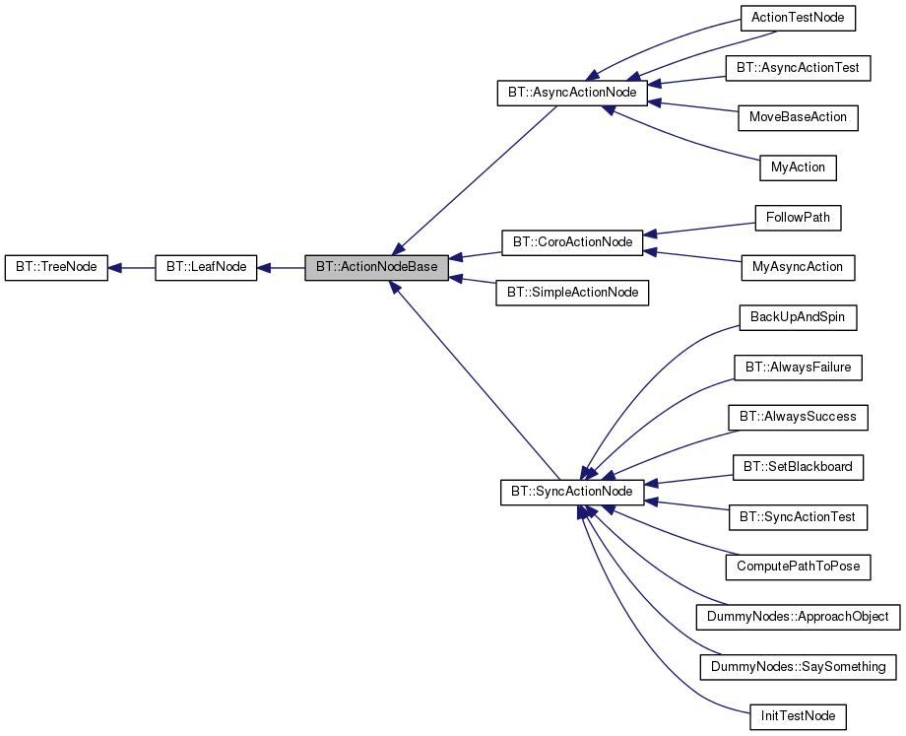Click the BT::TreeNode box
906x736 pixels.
click(55, 268)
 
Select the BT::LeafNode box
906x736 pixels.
click(206, 268)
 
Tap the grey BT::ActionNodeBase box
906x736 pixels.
click(376, 268)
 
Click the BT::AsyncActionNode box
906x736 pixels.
click(571, 94)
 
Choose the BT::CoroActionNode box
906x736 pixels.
click(571, 240)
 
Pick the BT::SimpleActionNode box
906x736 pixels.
click(572, 293)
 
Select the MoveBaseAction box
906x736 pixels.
click(798, 117)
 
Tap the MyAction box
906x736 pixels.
click(798, 167)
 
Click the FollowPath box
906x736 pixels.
click(798, 217)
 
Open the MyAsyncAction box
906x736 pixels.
click(798, 267)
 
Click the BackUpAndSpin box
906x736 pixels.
click(798, 317)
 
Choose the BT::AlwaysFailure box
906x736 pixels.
click(798, 368)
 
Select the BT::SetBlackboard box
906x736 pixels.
click(798, 466)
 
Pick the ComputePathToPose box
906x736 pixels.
click(798, 567)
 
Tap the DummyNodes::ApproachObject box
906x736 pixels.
click(798, 617)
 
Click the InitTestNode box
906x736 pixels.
click(798, 716)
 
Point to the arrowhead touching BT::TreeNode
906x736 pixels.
click(114, 268)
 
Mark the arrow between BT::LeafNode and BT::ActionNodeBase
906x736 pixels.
click(281, 268)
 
